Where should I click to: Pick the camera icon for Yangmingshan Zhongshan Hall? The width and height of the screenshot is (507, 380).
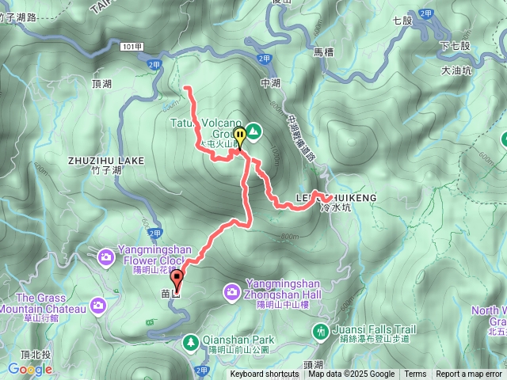(232, 291)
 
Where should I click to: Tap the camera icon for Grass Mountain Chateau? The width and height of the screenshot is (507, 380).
(97, 305)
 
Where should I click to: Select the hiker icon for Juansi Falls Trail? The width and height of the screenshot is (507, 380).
(321, 330)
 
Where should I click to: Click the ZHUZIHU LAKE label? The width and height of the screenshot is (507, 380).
(106, 160)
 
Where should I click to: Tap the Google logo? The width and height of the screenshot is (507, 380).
(29, 369)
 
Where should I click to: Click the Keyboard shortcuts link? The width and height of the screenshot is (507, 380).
(265, 374)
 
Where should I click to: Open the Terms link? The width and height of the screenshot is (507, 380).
(415, 374)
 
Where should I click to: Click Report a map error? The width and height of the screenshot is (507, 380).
(469, 374)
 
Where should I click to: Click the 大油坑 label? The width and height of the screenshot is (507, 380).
(456, 70)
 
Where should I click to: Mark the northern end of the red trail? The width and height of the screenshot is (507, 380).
(185, 87)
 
